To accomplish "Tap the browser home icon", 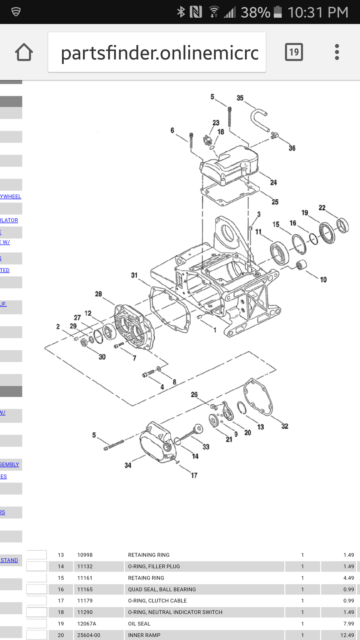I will (24, 52).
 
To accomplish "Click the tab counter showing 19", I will (294, 52).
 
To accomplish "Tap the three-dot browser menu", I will (337, 52).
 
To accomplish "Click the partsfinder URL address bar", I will (157, 52).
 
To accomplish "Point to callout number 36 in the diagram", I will (292, 148).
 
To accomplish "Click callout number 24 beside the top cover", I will (274, 183).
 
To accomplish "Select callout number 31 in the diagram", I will (134, 275).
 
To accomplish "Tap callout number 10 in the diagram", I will (323, 280).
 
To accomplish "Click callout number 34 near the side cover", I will (128, 465).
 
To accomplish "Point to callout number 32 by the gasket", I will (285, 426).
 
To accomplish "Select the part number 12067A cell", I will (87, 624).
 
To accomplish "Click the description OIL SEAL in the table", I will (139, 624).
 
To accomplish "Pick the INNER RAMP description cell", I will (144, 635).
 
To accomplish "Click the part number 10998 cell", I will (85, 555).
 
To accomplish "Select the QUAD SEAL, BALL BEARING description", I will (162, 589).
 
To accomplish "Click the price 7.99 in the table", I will (348, 624).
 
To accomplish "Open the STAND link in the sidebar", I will (9, 560).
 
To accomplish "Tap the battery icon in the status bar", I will (278, 12).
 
